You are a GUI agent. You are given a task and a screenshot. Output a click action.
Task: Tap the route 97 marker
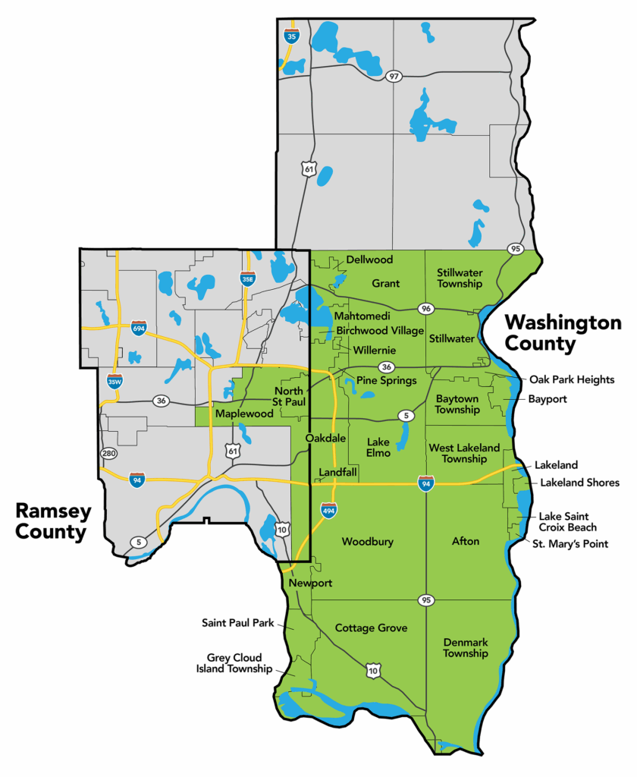(393, 76)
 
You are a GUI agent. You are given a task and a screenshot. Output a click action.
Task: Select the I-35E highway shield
(247, 279)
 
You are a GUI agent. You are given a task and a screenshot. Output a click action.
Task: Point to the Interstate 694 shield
(139, 327)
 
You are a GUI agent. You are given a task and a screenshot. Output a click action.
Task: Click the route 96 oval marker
(425, 309)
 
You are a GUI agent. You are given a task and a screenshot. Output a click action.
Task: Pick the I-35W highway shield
(115, 381)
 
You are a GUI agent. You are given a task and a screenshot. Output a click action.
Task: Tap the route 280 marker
(109, 454)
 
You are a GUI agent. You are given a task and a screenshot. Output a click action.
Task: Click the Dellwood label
(369, 260)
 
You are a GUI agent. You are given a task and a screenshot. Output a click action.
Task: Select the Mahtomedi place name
(362, 316)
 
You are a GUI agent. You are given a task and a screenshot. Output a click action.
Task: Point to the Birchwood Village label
(380, 330)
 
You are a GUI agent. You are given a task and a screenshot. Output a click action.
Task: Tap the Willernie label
(374, 350)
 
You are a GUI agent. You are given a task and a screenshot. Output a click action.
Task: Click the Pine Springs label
(386, 380)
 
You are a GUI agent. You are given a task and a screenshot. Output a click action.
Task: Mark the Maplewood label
(244, 414)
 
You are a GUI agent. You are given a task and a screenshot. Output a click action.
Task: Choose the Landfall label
(337, 472)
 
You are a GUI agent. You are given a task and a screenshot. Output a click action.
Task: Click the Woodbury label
(367, 542)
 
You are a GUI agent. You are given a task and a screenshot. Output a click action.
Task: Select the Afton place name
(466, 541)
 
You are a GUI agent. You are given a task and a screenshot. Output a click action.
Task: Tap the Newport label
(310, 583)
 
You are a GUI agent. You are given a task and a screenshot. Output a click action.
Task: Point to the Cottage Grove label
(371, 628)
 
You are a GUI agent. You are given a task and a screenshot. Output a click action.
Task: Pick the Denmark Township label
(466, 647)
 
